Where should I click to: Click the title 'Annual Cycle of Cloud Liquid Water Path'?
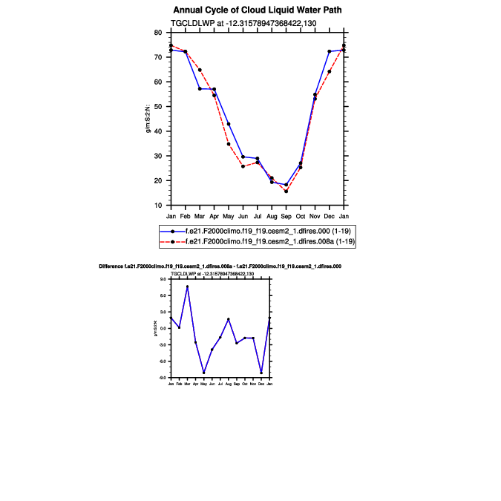[258, 10]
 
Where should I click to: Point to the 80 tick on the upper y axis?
[158, 33]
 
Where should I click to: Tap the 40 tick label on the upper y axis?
[158, 131]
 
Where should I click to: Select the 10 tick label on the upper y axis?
[158, 205]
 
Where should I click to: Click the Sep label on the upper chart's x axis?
[286, 215]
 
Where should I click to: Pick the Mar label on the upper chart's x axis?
[200, 215]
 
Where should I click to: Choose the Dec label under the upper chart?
[329, 215]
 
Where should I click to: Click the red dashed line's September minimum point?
[286, 191]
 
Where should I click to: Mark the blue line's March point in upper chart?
[200, 89]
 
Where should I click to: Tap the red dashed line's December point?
[329, 72]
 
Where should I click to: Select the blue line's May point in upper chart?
[229, 124]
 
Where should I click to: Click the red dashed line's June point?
[243, 166]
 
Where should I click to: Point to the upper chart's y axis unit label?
[148, 119]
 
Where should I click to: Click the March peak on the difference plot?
[187, 286]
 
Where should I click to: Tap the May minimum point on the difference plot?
[203, 373]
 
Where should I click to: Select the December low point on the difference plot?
[261, 373]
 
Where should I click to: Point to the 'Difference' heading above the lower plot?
[220, 266]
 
